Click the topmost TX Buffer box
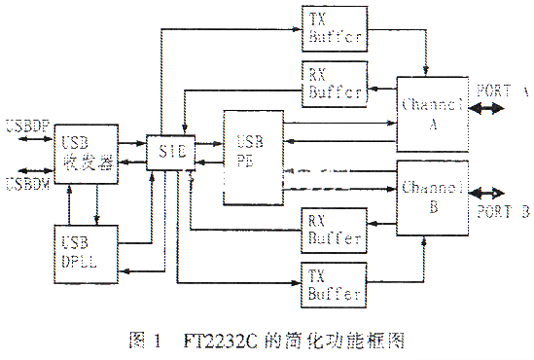coord(334,29)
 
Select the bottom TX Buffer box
coord(334,283)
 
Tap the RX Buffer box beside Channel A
coord(334,85)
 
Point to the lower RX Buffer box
coord(334,228)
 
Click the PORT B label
coord(503,210)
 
